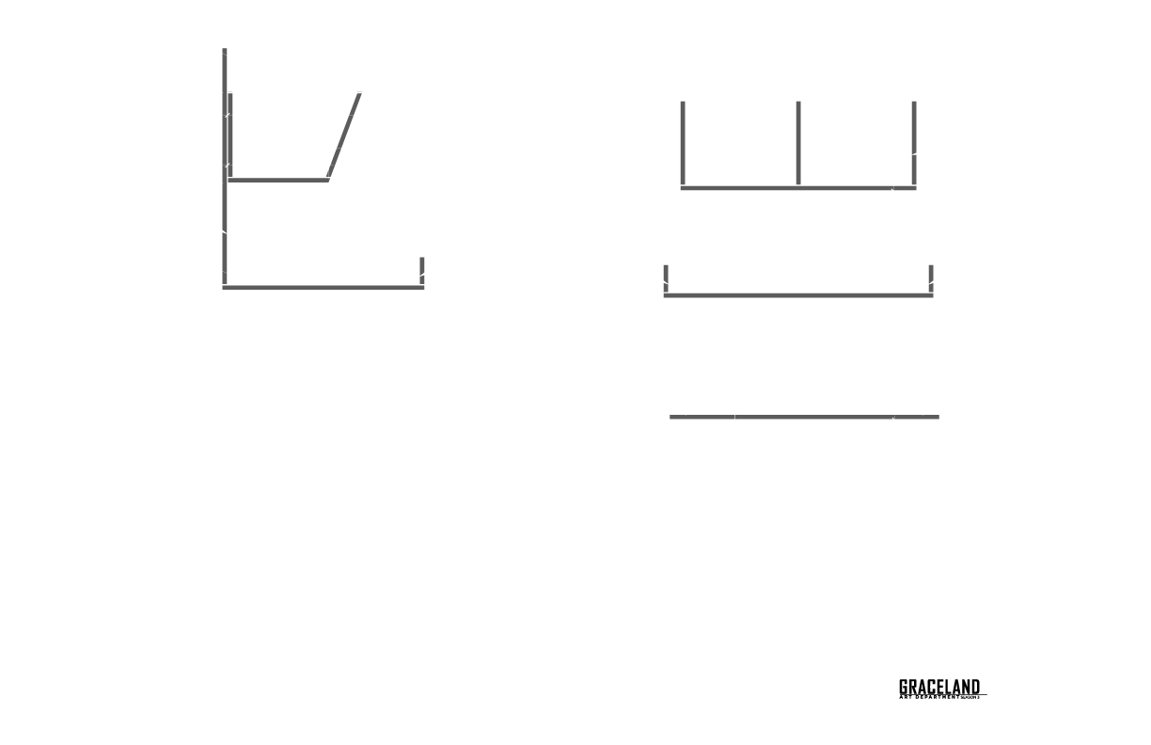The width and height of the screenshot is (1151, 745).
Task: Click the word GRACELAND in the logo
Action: coord(938,688)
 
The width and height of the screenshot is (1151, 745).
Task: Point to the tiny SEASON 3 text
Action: coord(970,697)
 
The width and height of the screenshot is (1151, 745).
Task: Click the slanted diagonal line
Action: coord(343,135)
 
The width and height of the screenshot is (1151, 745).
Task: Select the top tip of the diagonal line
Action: coord(359,94)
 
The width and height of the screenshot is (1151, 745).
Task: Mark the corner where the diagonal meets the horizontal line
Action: coord(327,178)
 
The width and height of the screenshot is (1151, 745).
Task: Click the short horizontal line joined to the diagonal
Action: coord(277,179)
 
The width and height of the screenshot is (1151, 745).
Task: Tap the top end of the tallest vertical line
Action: coord(225,51)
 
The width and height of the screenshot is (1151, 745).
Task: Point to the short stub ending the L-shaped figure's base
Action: coord(421,270)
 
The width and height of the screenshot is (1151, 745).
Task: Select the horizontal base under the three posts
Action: coord(797,188)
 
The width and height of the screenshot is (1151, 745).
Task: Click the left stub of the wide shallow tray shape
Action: coord(666,278)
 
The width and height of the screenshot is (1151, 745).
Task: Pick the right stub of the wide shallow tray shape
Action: coord(931,278)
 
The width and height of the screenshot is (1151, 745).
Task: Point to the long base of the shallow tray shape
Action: coord(797,295)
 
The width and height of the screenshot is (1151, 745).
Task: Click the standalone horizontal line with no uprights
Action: coord(804,416)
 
